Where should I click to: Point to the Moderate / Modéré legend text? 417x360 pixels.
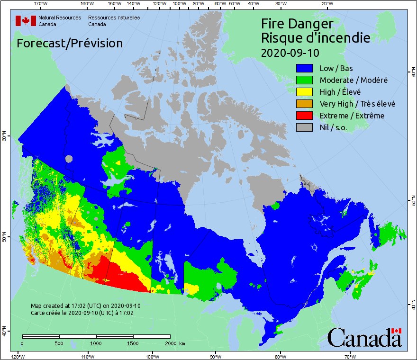(354, 80)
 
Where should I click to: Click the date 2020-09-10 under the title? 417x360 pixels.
(290, 52)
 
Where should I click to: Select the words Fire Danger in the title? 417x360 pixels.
(297, 24)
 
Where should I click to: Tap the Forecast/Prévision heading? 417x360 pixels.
(70, 43)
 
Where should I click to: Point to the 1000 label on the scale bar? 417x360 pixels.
(96, 343)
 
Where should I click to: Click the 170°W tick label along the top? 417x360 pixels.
(41, 4)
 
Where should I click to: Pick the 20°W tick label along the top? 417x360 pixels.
(326, 4)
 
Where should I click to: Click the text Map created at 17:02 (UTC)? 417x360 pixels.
(85, 306)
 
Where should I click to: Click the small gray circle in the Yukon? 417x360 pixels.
(70, 159)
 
